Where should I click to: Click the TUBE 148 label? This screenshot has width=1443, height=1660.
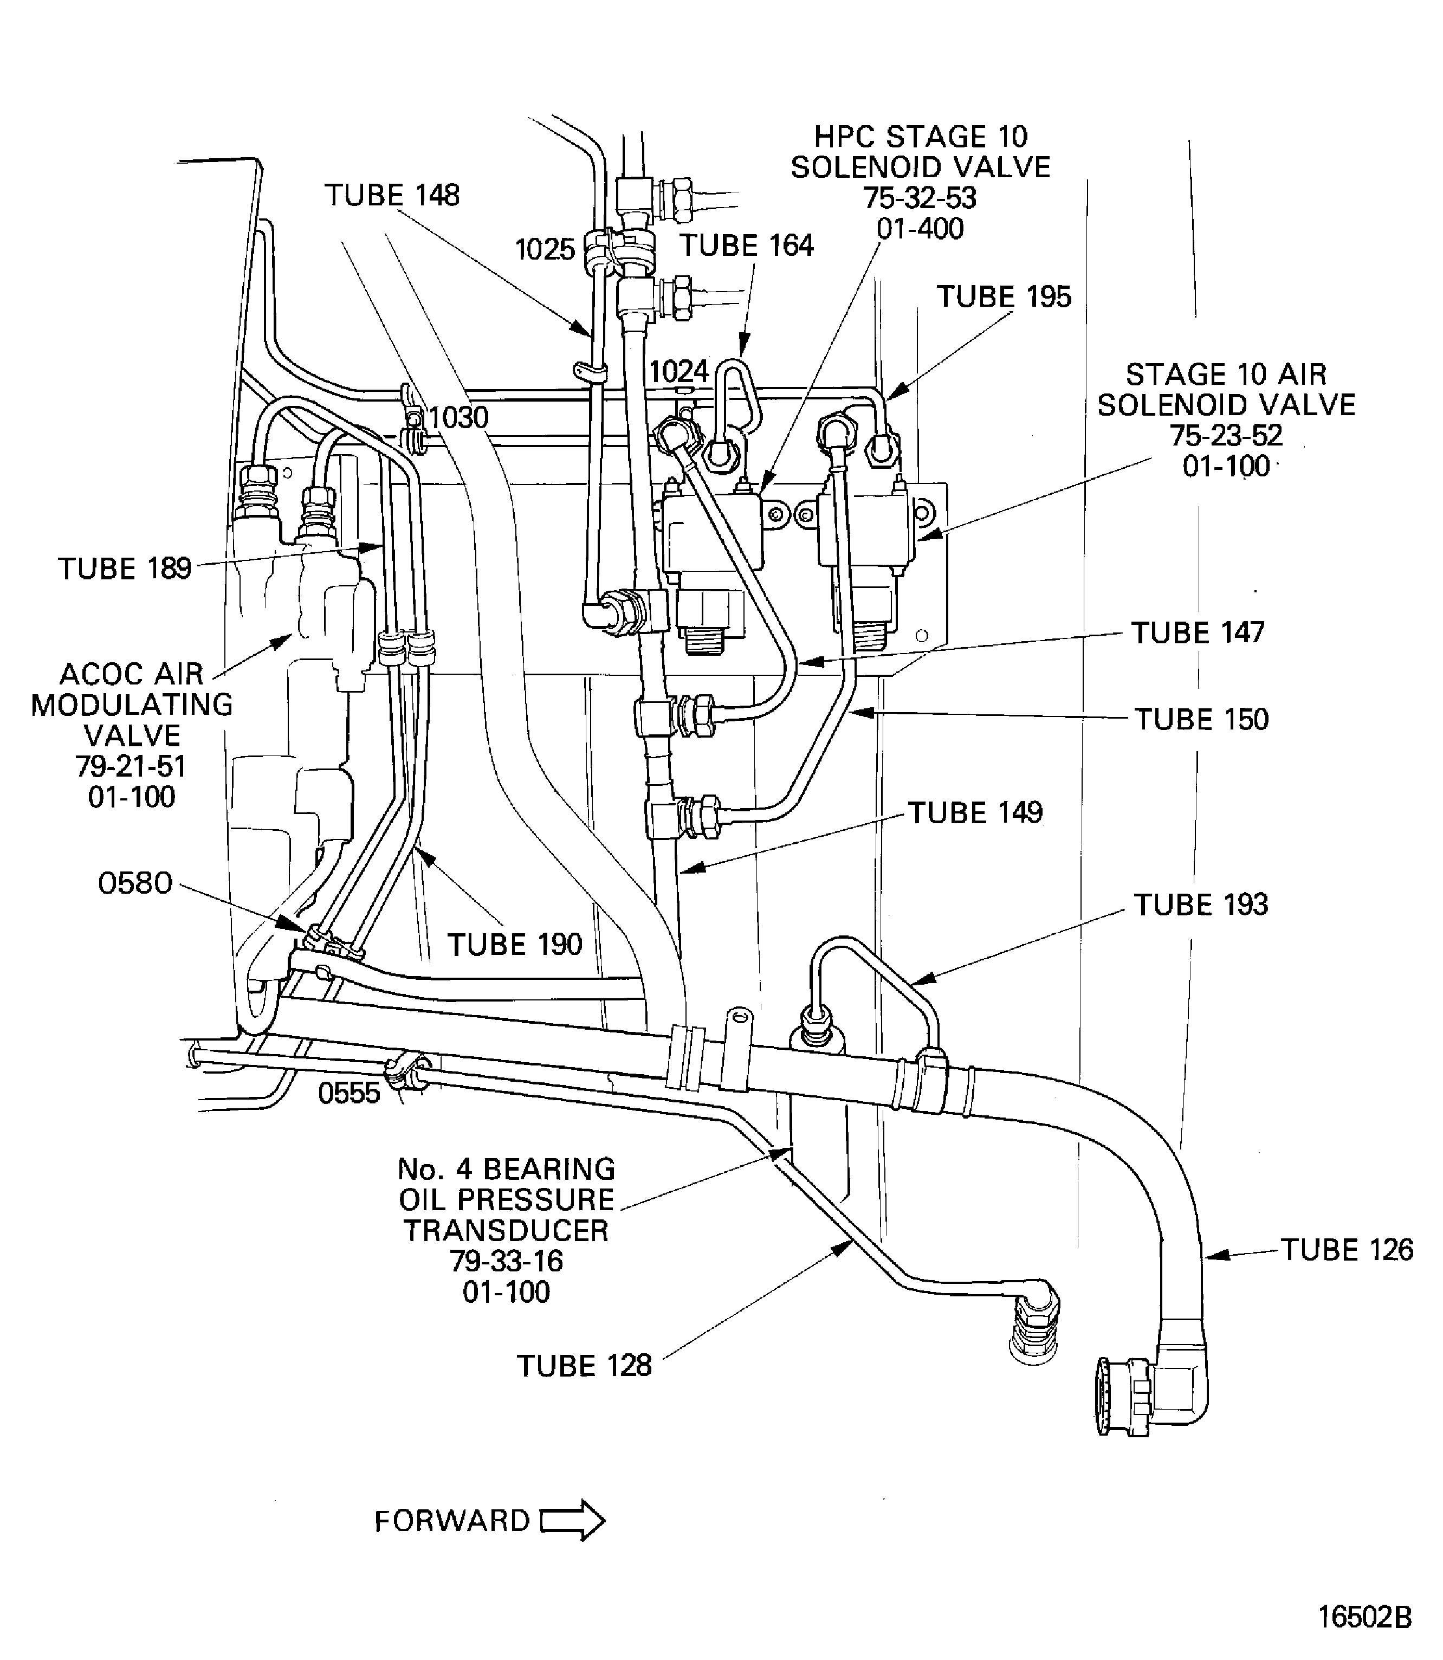pos(392,196)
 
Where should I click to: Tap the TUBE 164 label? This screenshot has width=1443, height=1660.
pos(747,246)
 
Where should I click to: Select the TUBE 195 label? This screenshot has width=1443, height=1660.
pos(1004,297)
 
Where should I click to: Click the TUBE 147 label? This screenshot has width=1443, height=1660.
pos(1198,633)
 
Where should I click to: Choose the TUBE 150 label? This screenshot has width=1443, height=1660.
pos(1201,719)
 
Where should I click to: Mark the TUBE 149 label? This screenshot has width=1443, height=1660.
pos(975,813)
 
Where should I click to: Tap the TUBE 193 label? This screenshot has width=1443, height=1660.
pos(1201,905)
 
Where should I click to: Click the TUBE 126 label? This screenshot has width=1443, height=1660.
pos(1347,1250)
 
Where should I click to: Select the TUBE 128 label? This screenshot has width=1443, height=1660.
pos(584,1366)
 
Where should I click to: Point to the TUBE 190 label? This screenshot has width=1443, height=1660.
pos(515,945)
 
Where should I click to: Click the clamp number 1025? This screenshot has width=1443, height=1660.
pos(545,250)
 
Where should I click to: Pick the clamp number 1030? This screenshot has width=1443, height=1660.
pos(458,418)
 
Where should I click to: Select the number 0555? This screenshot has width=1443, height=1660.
pos(348,1093)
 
